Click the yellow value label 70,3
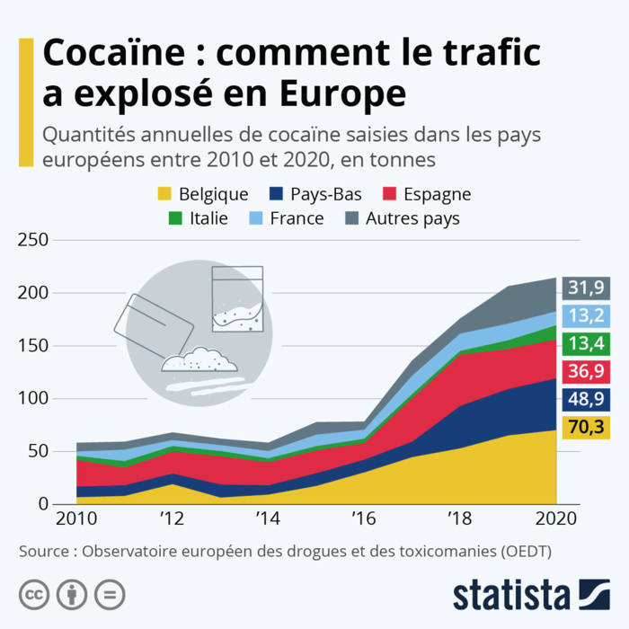point(586,427)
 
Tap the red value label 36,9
point(586,371)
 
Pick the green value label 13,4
point(586,343)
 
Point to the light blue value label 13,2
point(586,315)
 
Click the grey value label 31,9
point(586,288)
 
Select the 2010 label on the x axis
point(77,519)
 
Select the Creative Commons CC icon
point(34,594)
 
